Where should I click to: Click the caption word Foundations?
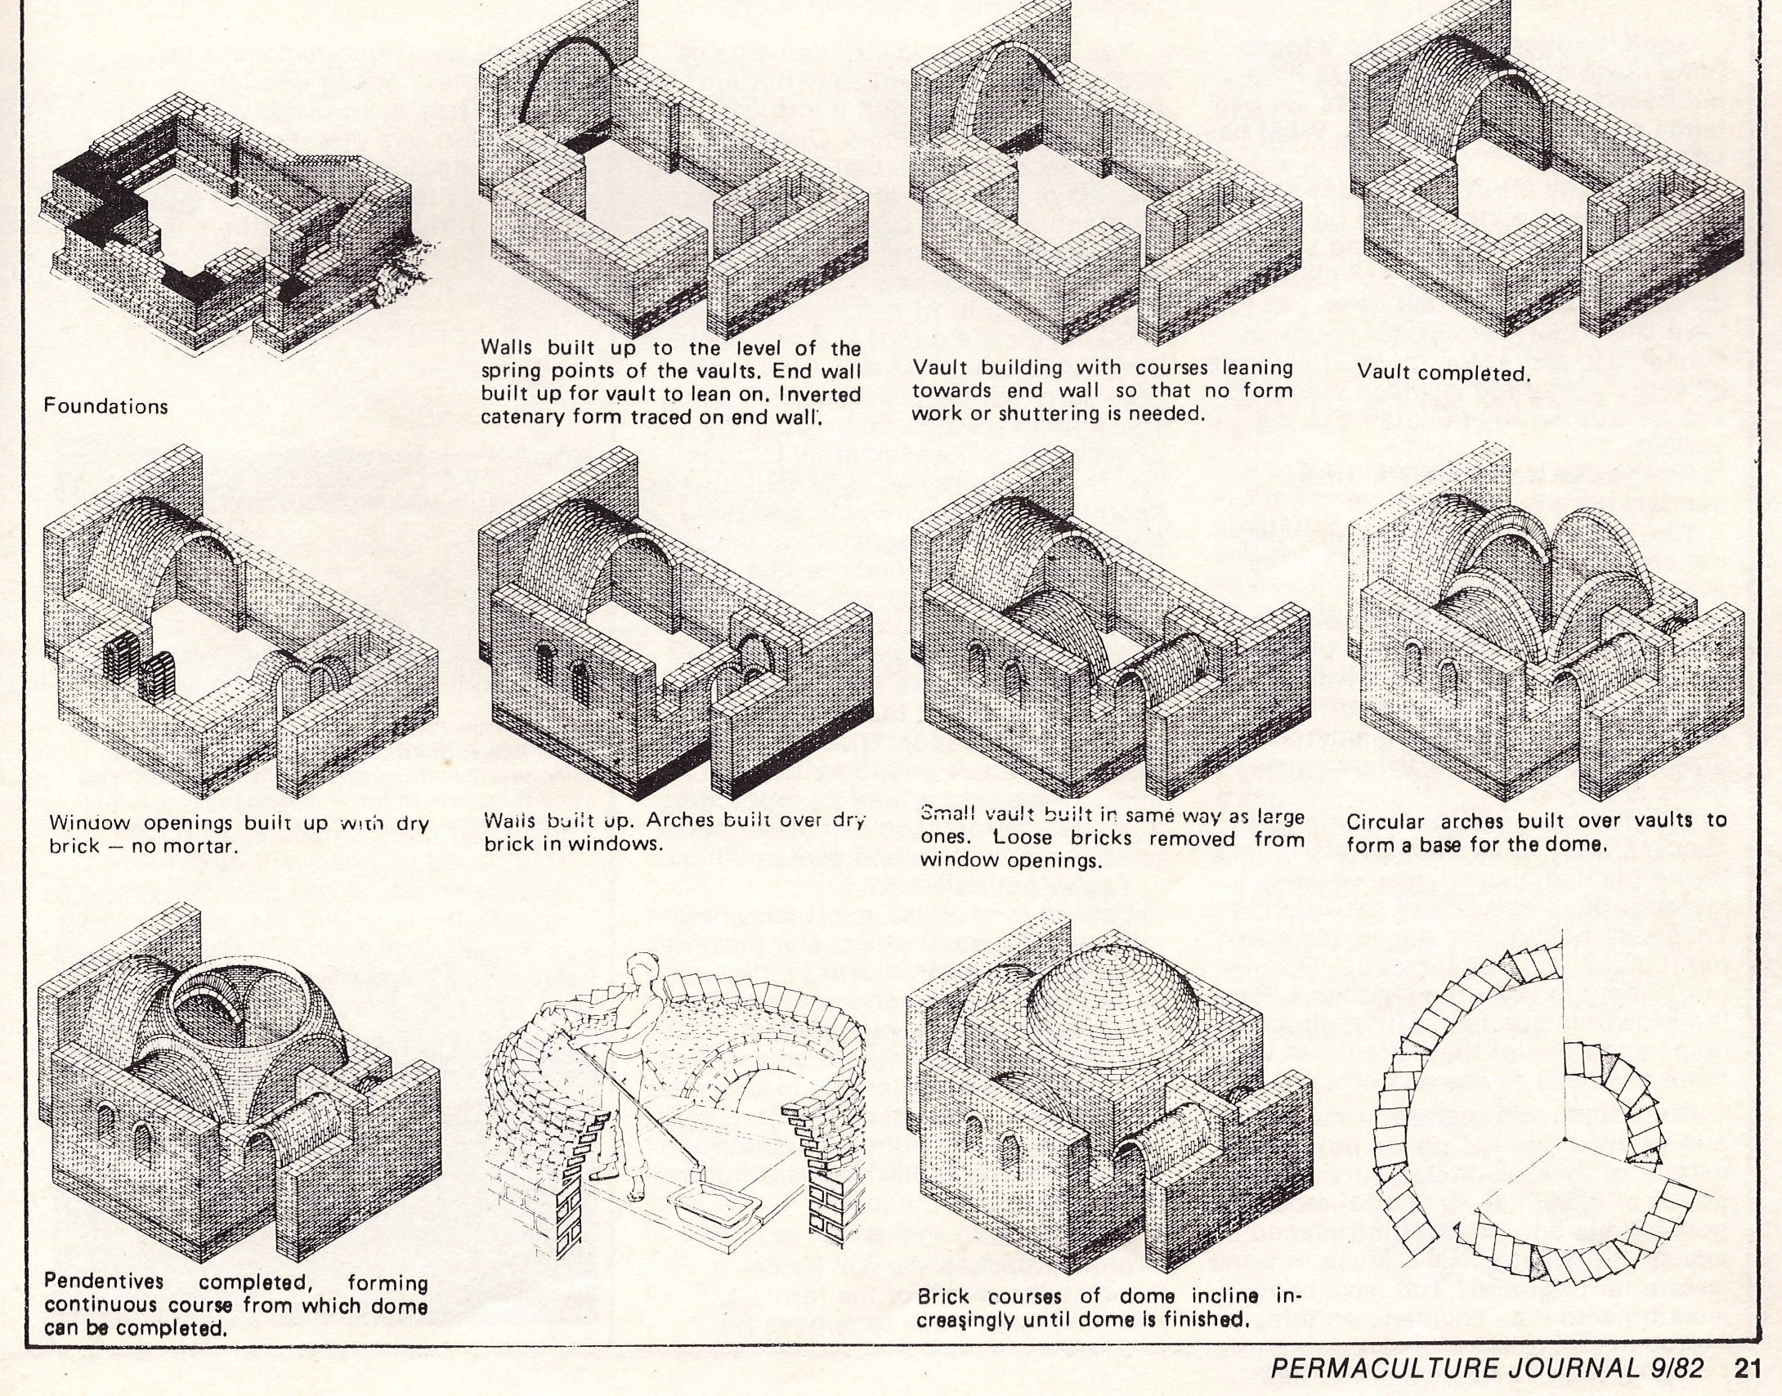coord(105,406)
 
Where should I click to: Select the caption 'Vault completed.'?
coord(1443,373)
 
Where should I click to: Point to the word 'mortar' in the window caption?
coord(201,845)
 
